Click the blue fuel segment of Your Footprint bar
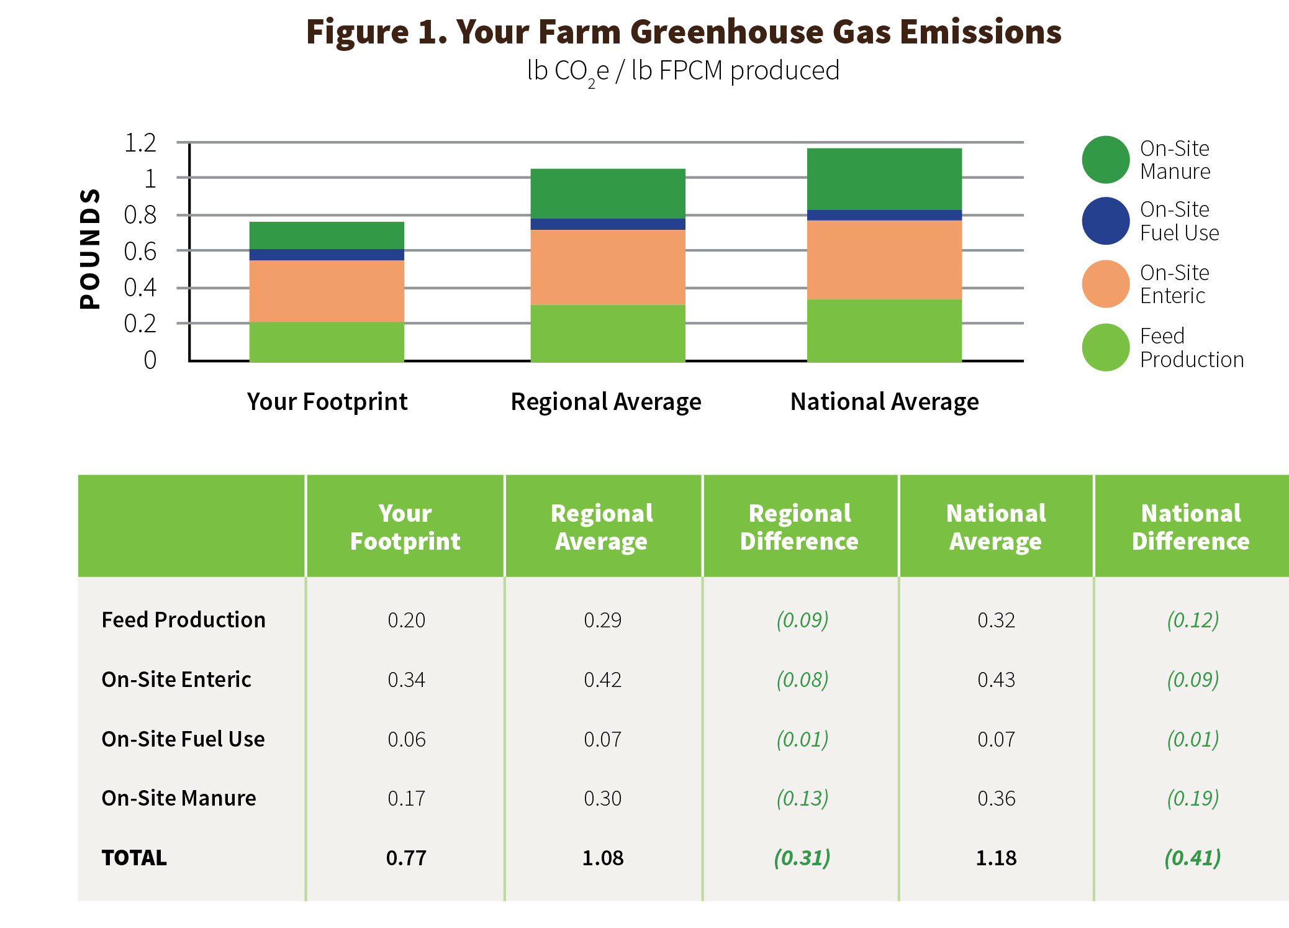[327, 255]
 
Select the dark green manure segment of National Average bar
[884, 179]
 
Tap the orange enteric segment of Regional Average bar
[608, 267]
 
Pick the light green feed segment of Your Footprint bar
[327, 342]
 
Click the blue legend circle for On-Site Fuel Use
[1105, 221]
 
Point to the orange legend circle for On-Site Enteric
[1105, 284]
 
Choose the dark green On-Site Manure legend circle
[1105, 160]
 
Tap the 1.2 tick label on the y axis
[140, 143]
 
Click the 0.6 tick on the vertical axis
[140, 252]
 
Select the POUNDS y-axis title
[90, 248]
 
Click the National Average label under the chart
[884, 402]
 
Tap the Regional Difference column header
[799, 527]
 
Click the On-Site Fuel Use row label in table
[183, 739]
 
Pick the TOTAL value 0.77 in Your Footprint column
[406, 858]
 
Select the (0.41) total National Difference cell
[1192, 858]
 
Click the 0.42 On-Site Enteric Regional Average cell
[602, 680]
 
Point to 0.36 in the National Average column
[996, 798]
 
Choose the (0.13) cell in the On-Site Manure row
[802, 798]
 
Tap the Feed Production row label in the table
[183, 620]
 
